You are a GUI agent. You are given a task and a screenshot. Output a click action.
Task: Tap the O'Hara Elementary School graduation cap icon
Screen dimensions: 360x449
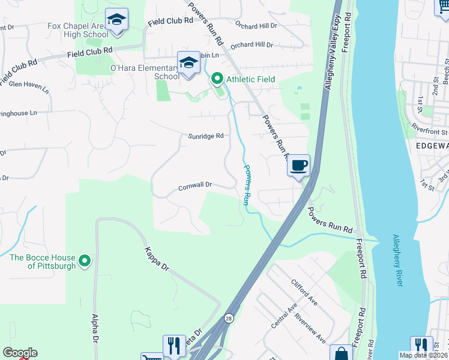188,62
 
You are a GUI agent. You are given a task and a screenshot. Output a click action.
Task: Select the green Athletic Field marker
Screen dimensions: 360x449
216,79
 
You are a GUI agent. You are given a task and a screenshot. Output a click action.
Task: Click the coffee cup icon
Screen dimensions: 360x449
299,164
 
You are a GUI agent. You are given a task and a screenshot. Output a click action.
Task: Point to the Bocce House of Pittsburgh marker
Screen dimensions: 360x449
85,260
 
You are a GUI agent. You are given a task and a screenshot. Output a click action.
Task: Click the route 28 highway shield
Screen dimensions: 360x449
229,319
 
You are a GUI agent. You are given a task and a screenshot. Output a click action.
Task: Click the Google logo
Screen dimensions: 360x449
19,353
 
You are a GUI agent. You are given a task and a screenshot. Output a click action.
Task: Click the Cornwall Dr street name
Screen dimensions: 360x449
195,187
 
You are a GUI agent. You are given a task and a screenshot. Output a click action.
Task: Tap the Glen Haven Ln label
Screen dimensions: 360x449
28,86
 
